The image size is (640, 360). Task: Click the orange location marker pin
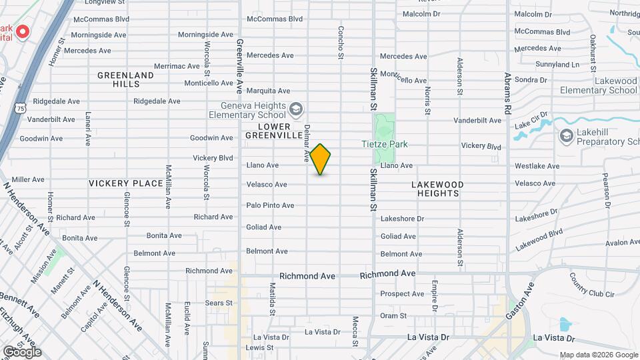coord(321,159)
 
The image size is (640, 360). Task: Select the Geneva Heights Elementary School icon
coord(297,108)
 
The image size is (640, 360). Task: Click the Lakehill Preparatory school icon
coord(567,136)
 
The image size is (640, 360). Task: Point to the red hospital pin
coord(22,31)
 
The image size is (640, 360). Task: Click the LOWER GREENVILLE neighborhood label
coord(275,131)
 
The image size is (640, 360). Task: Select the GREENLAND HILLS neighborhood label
coord(125,79)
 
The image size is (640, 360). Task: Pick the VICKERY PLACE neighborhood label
coord(126,183)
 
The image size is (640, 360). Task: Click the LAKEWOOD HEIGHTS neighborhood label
coord(437,189)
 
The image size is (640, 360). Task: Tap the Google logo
coord(22,351)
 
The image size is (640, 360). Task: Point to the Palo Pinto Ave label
coord(270,205)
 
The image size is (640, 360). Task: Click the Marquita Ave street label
coord(268,91)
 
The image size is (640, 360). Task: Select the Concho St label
coord(341,41)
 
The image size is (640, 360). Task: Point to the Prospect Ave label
coord(403,293)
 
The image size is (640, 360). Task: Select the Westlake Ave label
coord(535,165)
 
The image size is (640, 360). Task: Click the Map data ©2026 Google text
coord(598,355)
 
